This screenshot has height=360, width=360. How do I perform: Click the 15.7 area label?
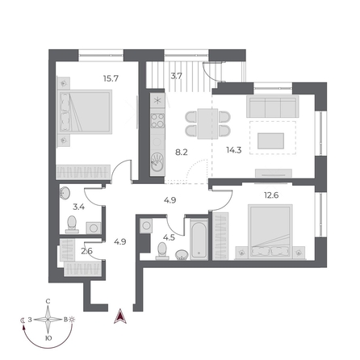[x=111, y=78]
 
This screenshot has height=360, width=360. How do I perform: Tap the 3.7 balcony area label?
[x=177, y=76]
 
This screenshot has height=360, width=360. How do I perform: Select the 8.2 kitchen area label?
[x=182, y=153]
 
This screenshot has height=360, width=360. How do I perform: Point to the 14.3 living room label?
[x=234, y=150]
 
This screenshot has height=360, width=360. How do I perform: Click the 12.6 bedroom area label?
[x=271, y=195]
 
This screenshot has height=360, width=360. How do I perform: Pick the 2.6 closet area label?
[x=86, y=251]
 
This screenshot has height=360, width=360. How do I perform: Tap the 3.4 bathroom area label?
[x=79, y=207]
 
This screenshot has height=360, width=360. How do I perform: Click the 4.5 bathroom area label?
[x=169, y=237]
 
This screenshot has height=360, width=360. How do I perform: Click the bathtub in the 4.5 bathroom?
[x=199, y=240]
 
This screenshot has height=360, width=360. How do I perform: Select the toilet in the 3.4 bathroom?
[x=72, y=224]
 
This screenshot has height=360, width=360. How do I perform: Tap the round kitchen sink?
[x=157, y=162]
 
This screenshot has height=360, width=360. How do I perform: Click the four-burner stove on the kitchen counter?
[x=157, y=121]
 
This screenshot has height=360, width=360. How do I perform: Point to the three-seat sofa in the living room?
[x=273, y=107]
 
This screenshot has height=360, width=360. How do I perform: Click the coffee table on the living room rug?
[x=270, y=141]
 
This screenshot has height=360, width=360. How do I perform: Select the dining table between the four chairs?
[x=207, y=123]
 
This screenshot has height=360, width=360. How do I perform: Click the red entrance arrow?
[x=120, y=316]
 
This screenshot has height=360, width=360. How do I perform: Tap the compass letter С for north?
[x=48, y=301]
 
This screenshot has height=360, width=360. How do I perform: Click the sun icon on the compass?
[x=72, y=320]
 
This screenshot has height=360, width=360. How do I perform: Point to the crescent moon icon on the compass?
[x=23, y=320]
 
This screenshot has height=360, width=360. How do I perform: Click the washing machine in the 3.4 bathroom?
[x=94, y=228]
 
